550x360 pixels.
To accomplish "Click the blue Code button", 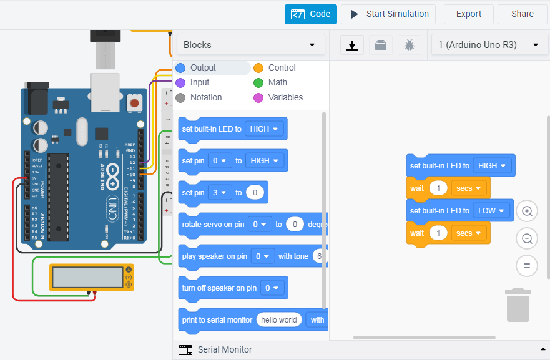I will pyautogui.click(x=311, y=14).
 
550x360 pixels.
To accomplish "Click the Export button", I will pyautogui.click(x=468, y=14).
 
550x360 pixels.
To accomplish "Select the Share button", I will pyautogui.click(x=522, y=14).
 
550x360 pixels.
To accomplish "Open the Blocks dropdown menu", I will pyautogui.click(x=250, y=45).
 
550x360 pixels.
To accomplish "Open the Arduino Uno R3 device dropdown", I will pyautogui.click(x=488, y=45).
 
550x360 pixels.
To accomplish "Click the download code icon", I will pyautogui.click(x=352, y=45).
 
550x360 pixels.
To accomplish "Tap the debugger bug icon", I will pyautogui.click(x=409, y=45).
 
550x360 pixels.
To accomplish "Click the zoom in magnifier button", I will pyautogui.click(x=527, y=212).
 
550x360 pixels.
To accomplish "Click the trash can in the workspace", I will pyautogui.click(x=518, y=305).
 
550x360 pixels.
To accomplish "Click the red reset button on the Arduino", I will pyautogui.click(x=134, y=102).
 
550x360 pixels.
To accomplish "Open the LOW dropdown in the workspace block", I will pyautogui.click(x=493, y=211).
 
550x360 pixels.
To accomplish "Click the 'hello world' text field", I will pyautogui.click(x=278, y=320).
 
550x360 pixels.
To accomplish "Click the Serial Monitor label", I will pyautogui.click(x=225, y=349).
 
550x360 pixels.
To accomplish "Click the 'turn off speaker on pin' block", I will pyautogui.click(x=219, y=288).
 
